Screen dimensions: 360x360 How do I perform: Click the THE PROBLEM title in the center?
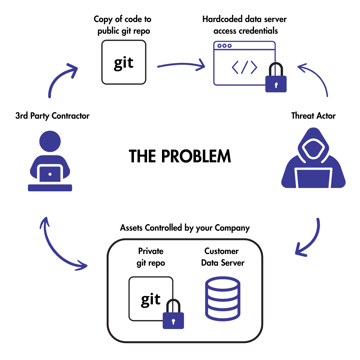[x=180, y=156]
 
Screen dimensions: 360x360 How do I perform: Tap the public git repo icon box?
[x=124, y=62]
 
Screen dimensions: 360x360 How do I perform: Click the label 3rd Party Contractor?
[x=52, y=116]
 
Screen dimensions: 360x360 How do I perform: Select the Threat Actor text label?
[x=313, y=116]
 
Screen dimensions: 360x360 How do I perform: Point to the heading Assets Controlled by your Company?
[x=185, y=228]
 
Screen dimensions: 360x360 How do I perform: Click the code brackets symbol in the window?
[x=244, y=67]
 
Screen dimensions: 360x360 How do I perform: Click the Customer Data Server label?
[x=222, y=257]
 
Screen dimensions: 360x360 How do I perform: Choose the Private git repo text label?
[x=151, y=257]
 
